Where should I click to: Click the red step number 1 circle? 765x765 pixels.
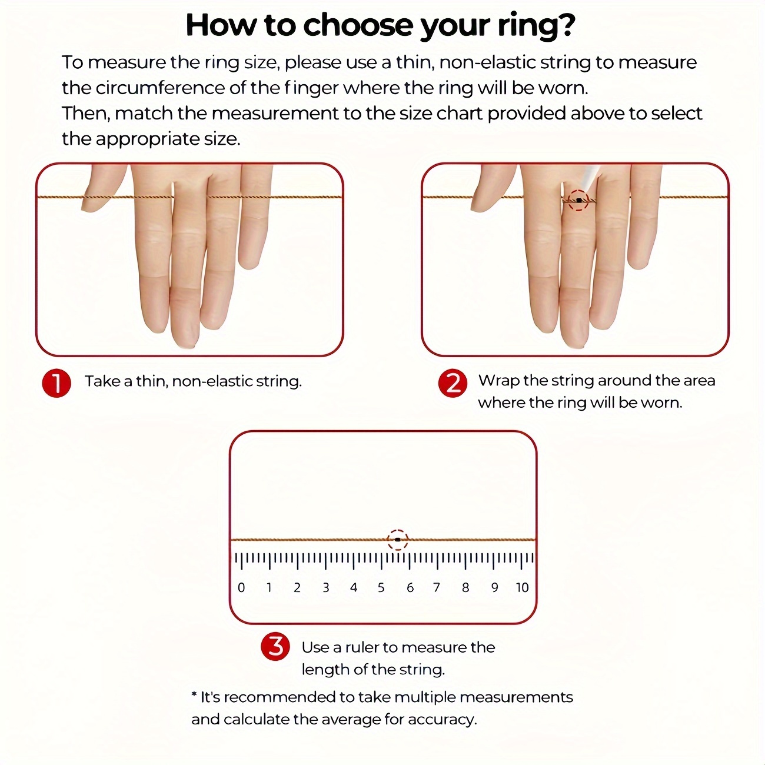tap(56, 383)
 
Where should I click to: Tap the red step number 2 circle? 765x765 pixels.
tap(453, 383)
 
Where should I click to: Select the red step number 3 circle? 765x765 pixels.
tap(275, 646)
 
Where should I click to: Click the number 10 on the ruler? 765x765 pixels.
tap(522, 587)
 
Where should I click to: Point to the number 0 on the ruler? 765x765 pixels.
tap(241, 587)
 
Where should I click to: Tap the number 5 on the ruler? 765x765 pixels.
tap(381, 587)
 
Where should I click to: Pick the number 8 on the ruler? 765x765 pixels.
tap(465, 587)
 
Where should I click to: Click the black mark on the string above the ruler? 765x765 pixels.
tap(397, 540)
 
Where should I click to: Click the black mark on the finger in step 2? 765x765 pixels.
tap(579, 201)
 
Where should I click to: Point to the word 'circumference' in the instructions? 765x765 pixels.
tap(159, 88)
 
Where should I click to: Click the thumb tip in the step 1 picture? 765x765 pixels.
tap(91, 207)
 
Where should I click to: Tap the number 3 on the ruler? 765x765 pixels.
tap(325, 587)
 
